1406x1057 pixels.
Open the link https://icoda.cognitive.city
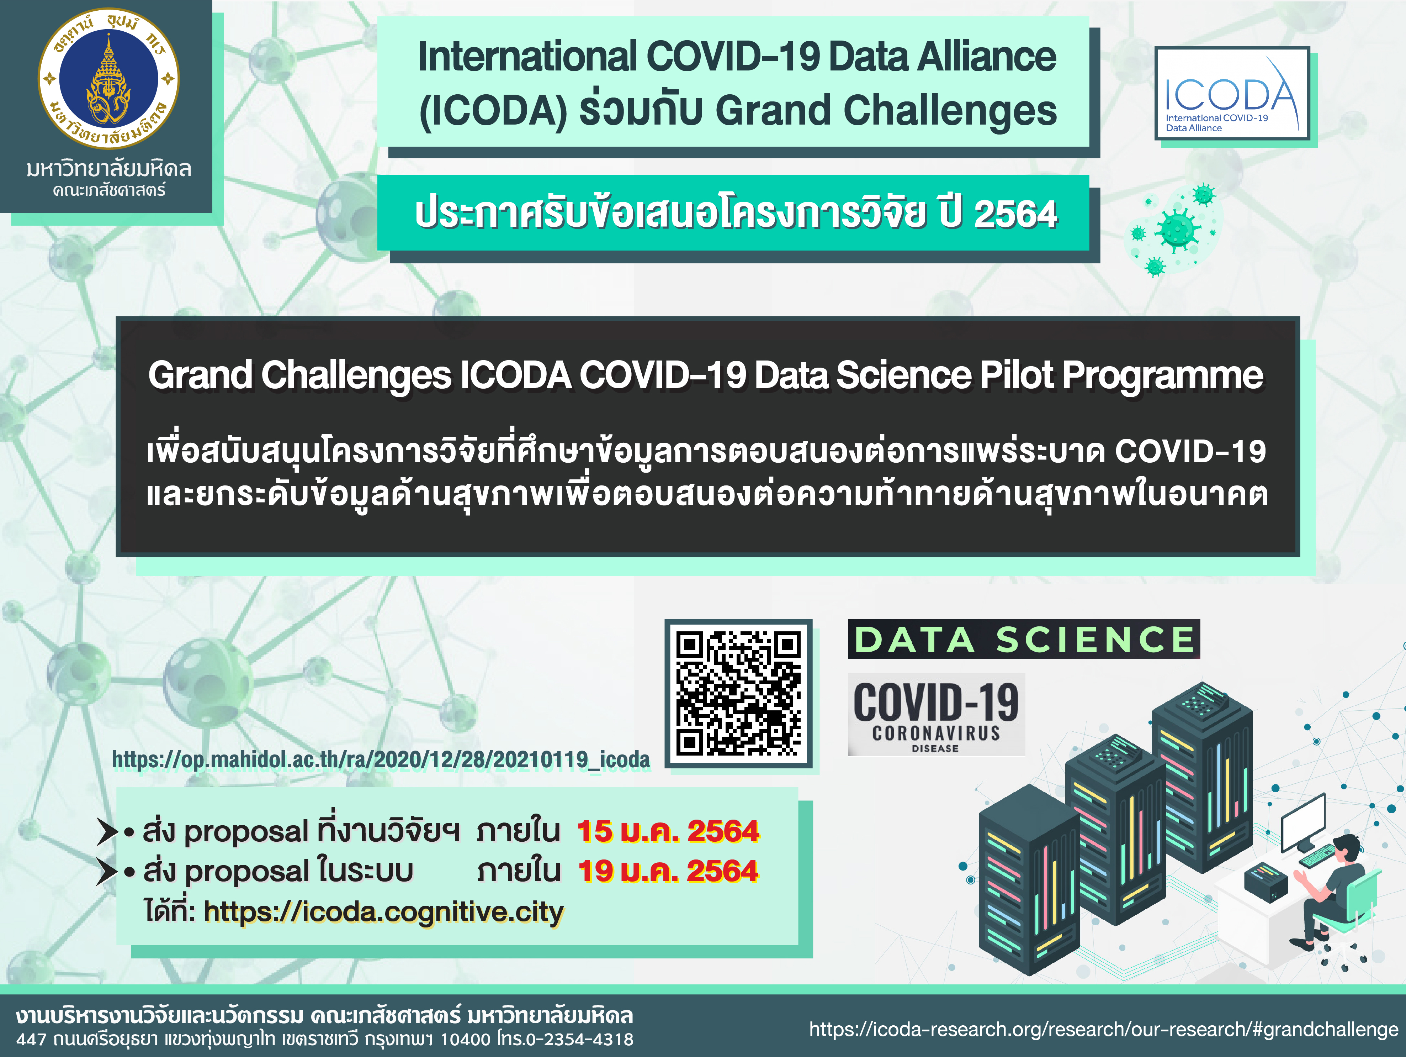[x=383, y=912]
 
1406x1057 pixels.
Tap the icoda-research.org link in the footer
[x=1103, y=1029]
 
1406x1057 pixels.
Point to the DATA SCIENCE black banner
[x=1024, y=639]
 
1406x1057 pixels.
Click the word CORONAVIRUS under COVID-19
[x=936, y=733]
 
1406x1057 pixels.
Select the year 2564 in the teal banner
[x=1015, y=214]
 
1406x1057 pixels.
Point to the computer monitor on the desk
[x=1303, y=822]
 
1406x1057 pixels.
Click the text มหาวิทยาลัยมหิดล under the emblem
[x=109, y=169]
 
